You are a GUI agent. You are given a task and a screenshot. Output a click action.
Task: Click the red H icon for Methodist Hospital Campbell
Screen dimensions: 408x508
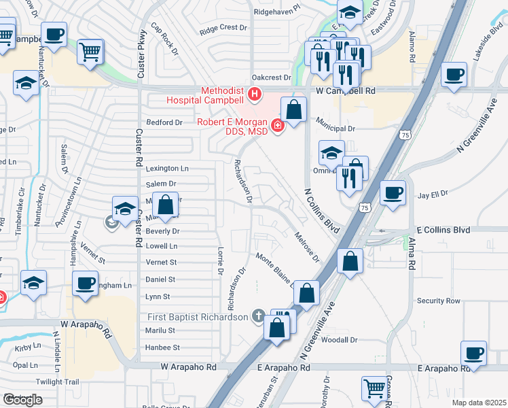click(255, 93)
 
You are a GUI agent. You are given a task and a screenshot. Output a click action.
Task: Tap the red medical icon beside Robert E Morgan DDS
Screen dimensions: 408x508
click(277, 125)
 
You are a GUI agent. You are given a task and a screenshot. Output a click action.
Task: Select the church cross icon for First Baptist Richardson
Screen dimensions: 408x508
click(257, 316)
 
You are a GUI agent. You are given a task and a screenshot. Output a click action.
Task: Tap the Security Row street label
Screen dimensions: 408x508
click(439, 301)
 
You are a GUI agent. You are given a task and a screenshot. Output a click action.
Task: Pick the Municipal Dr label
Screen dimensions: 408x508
click(335, 128)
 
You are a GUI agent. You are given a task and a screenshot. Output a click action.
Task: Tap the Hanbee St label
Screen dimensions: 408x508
click(162, 347)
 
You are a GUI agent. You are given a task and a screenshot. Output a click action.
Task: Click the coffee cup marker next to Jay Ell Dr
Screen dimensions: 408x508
click(392, 192)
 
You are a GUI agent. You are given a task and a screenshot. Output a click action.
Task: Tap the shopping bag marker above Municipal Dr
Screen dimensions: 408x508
click(293, 109)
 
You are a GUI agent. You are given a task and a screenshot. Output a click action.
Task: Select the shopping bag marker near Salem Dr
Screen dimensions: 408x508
click(166, 203)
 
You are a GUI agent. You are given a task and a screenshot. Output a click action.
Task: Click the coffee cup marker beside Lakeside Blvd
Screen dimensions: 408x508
click(453, 74)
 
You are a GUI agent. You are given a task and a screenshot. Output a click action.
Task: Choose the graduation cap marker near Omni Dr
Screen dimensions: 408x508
click(331, 152)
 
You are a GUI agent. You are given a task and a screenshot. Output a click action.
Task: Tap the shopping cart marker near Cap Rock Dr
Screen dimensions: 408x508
click(90, 51)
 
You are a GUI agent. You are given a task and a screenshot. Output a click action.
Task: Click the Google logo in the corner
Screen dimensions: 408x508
click(22, 400)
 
